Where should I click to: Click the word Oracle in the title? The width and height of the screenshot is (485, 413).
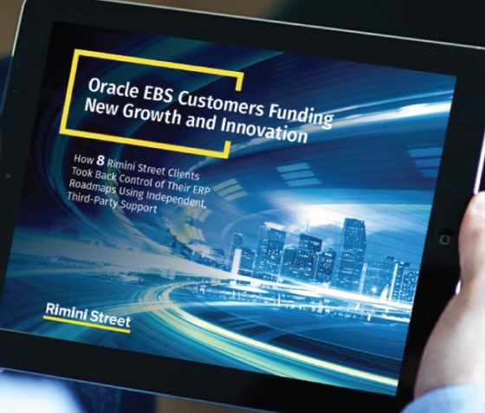click(x=113, y=87)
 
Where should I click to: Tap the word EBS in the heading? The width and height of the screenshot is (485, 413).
click(x=158, y=94)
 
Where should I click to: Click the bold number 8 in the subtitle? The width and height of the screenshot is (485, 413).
click(x=100, y=160)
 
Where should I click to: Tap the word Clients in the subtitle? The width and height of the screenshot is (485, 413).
click(x=184, y=173)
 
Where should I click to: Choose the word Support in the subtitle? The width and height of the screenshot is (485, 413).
click(x=139, y=207)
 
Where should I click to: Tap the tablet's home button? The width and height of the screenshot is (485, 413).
click(x=444, y=239)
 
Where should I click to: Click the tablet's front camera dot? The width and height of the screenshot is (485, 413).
click(x=8, y=176)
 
